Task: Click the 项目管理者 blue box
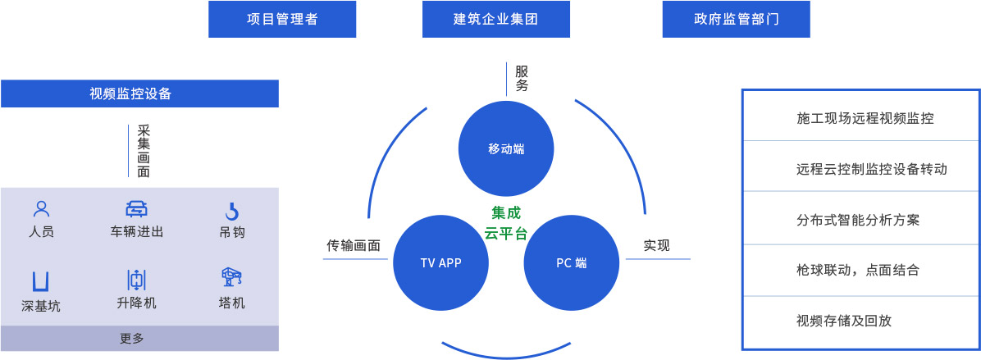click(x=282, y=19)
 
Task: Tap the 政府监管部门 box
click(x=736, y=19)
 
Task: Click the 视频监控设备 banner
click(x=139, y=93)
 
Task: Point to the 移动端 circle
click(x=506, y=148)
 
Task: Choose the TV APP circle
click(x=440, y=262)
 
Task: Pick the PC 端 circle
click(x=571, y=262)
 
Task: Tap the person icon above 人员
click(x=41, y=209)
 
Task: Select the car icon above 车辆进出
click(x=136, y=208)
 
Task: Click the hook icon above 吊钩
click(x=232, y=210)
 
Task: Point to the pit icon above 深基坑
click(x=40, y=280)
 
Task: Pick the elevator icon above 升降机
click(x=136, y=279)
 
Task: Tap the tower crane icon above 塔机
click(x=231, y=277)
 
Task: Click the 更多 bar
click(x=139, y=338)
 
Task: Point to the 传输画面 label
click(x=354, y=245)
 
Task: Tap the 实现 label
click(x=656, y=245)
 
